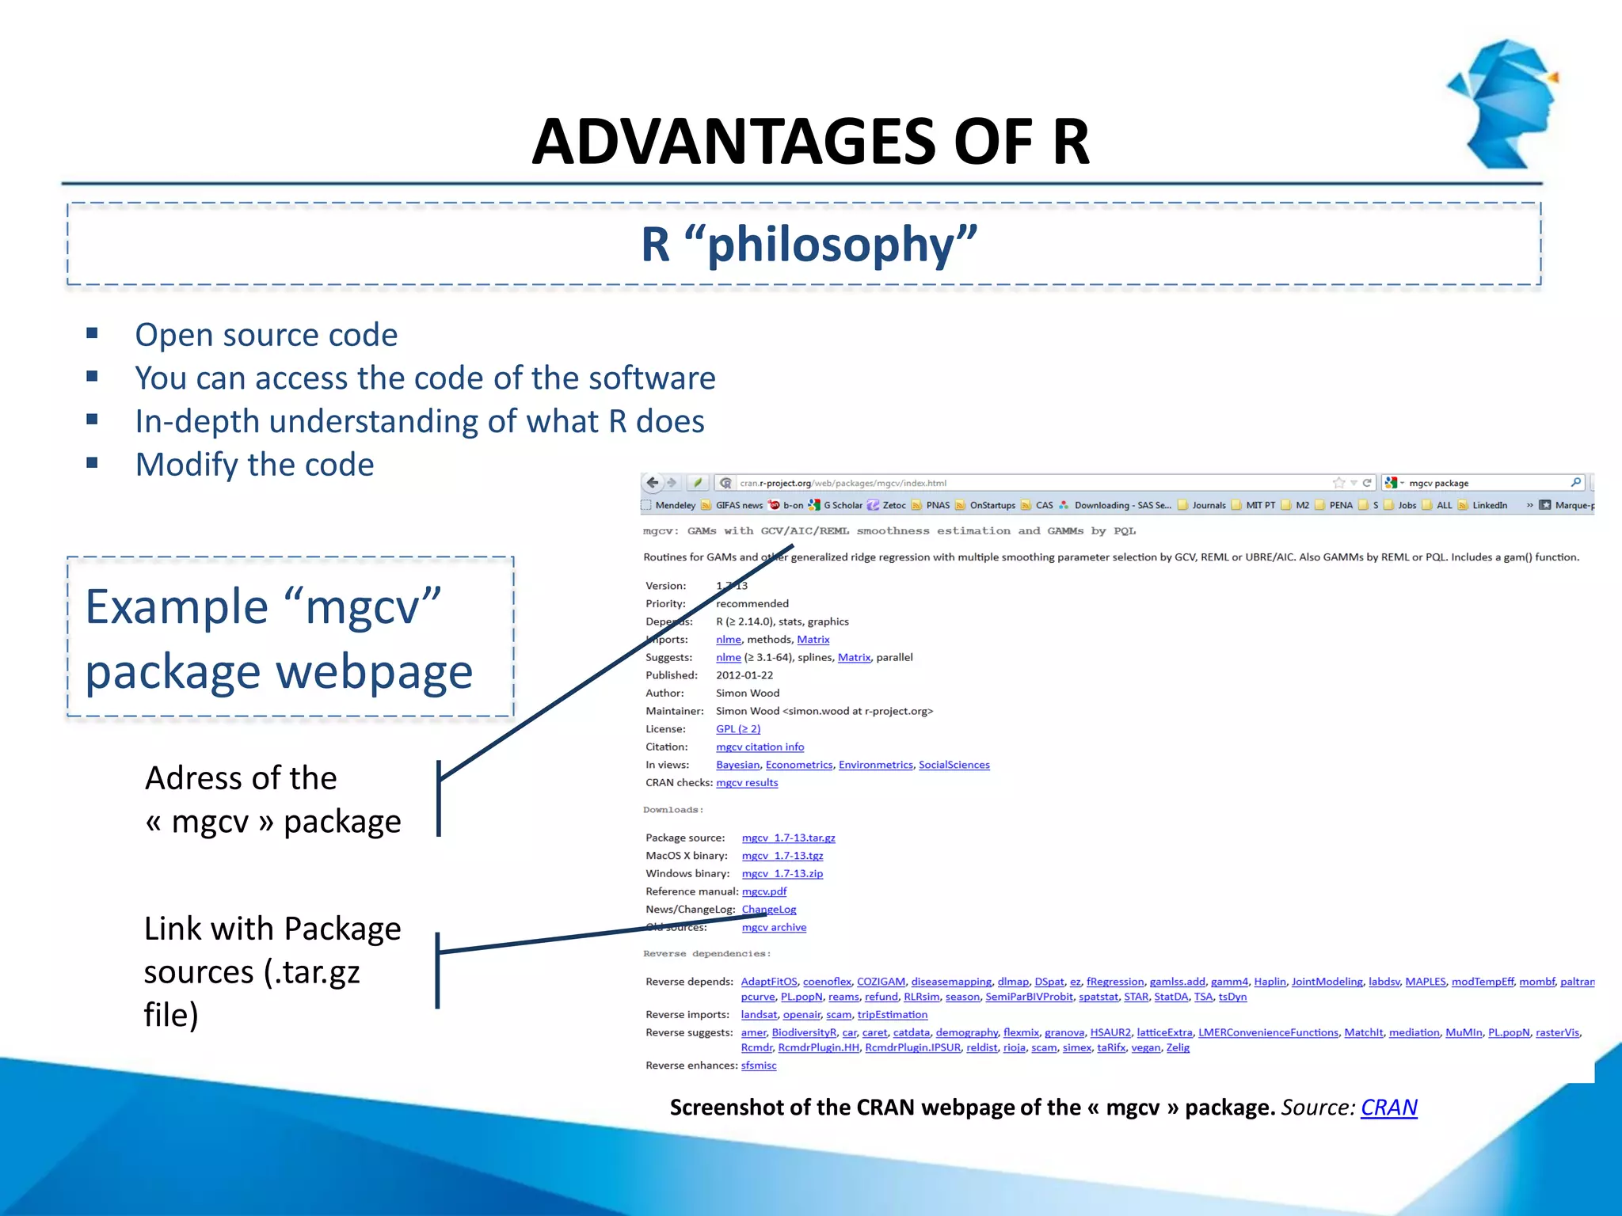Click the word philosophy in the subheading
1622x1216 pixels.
coord(842,245)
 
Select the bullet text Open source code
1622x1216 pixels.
coord(266,335)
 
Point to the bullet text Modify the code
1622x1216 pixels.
coord(254,465)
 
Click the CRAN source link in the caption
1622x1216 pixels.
coord(1388,1107)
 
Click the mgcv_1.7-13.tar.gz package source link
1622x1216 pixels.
coord(788,838)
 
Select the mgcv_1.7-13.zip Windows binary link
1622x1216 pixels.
coord(782,873)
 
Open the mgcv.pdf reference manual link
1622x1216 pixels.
coord(763,891)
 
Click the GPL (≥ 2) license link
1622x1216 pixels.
coord(737,729)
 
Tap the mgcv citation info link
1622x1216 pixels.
coord(760,747)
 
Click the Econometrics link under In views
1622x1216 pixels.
coord(798,765)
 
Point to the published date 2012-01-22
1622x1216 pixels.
coord(744,675)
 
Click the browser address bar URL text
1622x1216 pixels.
coord(843,483)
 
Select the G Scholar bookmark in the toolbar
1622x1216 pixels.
coord(842,505)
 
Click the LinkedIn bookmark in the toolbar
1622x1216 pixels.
coord(1489,505)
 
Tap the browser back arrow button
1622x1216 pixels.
coord(653,482)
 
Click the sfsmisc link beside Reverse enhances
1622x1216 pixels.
coord(758,1066)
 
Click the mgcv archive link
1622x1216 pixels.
coord(774,927)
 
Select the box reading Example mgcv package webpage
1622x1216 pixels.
coord(290,637)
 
